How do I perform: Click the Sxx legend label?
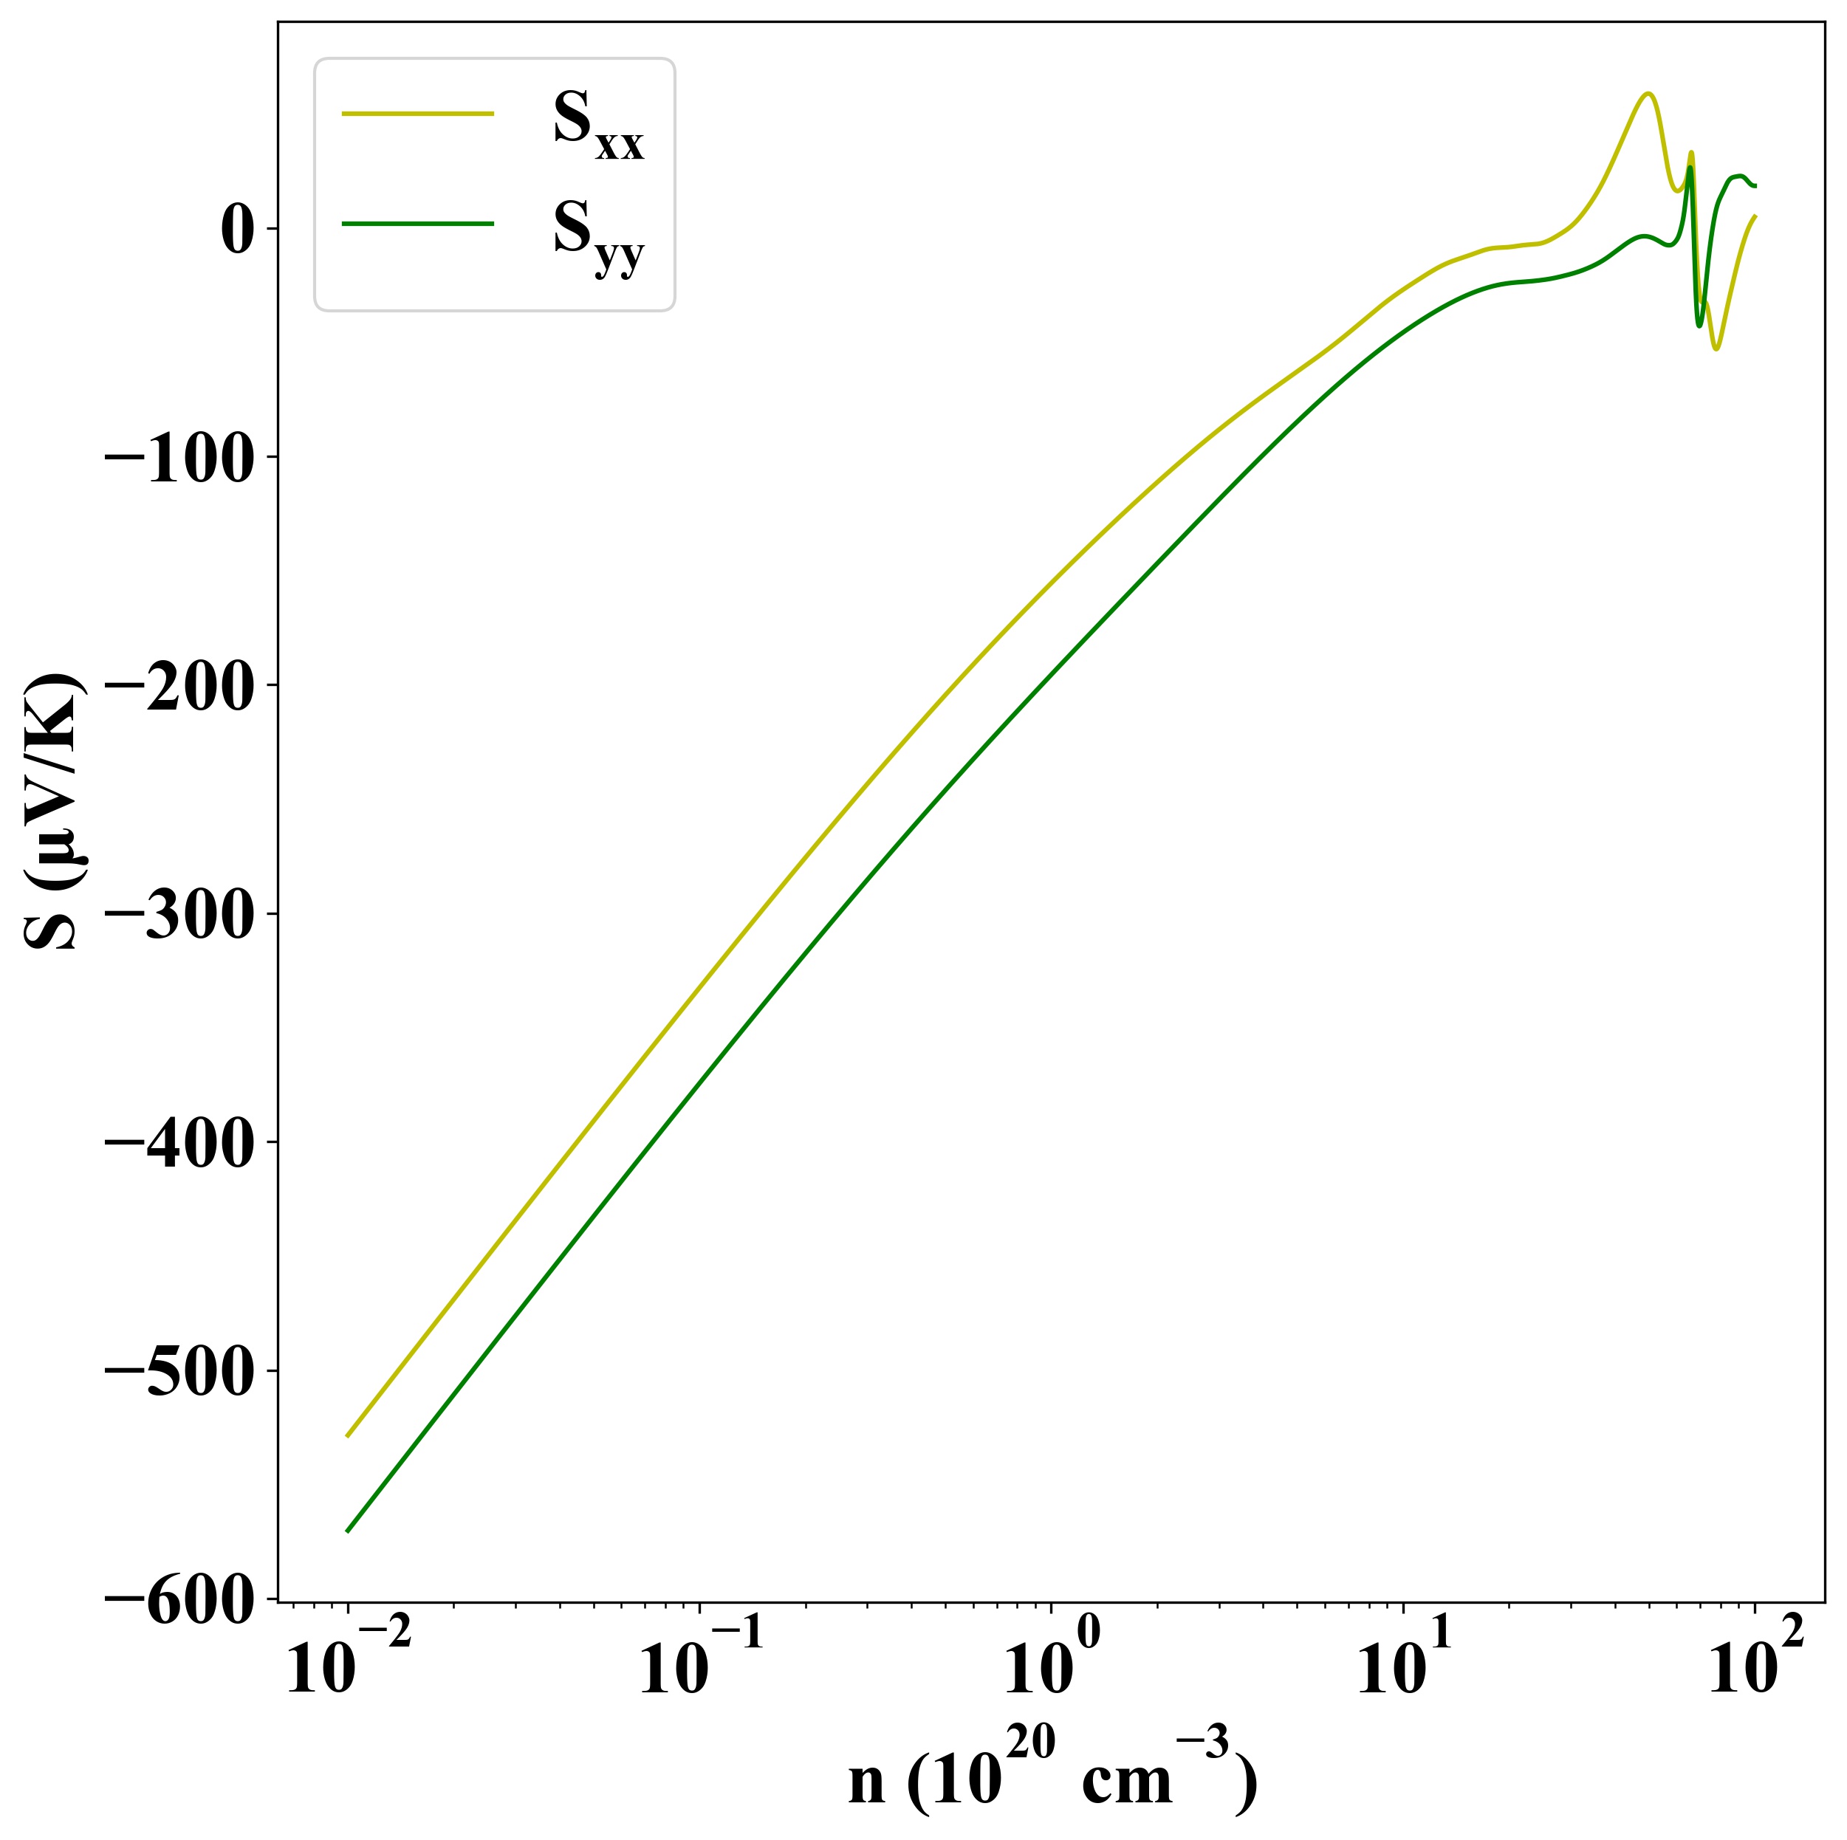[597, 127]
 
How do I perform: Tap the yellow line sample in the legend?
[418, 114]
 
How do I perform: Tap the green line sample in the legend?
[418, 224]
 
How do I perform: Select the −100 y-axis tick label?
[179, 458]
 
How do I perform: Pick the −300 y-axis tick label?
[179, 915]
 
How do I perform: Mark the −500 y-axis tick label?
[179, 1372]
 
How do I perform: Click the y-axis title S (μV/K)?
[52, 812]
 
